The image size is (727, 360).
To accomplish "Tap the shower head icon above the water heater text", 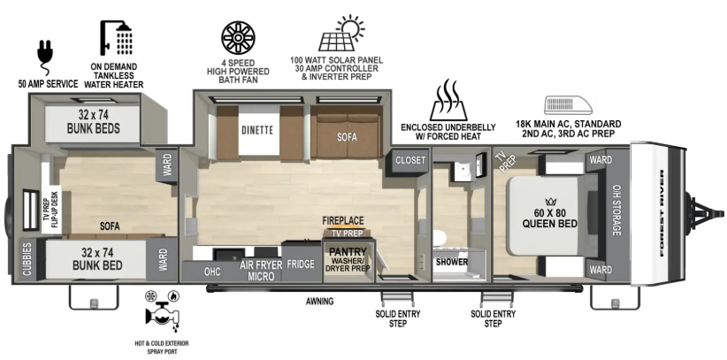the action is (x=116, y=37).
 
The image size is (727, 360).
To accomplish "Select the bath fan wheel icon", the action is (x=238, y=37).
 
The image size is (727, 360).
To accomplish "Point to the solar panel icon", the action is (x=341, y=34).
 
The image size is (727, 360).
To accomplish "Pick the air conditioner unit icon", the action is (x=569, y=105).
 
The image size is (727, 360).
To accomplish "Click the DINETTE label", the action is (x=257, y=130).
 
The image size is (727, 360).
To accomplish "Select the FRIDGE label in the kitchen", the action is (x=301, y=264).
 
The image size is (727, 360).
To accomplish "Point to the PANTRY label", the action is (x=348, y=252).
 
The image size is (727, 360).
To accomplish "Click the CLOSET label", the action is (x=410, y=160).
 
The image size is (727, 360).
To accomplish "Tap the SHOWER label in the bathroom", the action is (x=452, y=262).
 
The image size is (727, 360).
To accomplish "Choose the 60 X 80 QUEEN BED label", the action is (x=550, y=219).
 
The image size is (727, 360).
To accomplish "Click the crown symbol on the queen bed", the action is (x=550, y=202).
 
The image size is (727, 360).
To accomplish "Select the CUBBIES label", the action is (x=27, y=259).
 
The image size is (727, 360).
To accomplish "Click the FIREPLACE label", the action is (x=343, y=221).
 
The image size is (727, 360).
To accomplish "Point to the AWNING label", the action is (x=319, y=302).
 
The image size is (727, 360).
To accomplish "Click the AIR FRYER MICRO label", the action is (x=261, y=271).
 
